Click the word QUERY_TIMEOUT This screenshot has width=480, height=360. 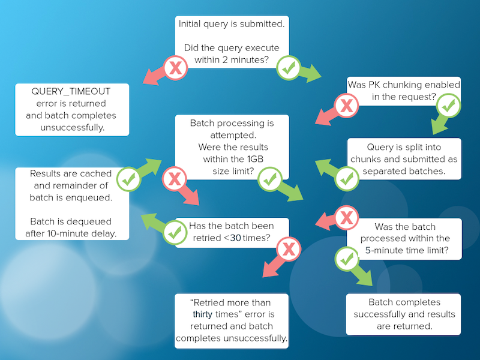[71, 92]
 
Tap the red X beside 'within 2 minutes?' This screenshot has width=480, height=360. [175, 68]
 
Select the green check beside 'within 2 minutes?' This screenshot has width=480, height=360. [289, 68]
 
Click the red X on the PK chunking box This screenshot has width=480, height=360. [347, 106]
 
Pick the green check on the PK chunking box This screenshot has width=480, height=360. [448, 106]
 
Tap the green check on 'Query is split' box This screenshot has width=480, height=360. [347, 179]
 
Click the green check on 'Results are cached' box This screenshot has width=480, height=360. [128, 179]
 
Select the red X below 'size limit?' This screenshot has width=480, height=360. [175, 179]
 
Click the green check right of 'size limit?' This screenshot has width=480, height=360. [270, 179]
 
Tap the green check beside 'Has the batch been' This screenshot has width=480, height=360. [175, 233]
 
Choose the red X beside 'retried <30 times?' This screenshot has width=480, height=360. [289, 249]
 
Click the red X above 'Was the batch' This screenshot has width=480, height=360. [347, 218]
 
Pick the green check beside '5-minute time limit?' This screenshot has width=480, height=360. [347, 260]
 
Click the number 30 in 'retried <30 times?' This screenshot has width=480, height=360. [235, 238]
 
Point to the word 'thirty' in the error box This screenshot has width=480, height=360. [202, 314]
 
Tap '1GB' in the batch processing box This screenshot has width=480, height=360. [256, 159]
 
